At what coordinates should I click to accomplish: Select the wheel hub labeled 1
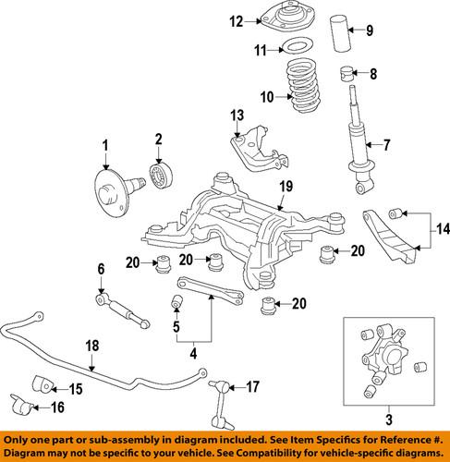point(111,182)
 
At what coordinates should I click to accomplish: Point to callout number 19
point(286,187)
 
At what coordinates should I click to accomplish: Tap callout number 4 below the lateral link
point(194,352)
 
